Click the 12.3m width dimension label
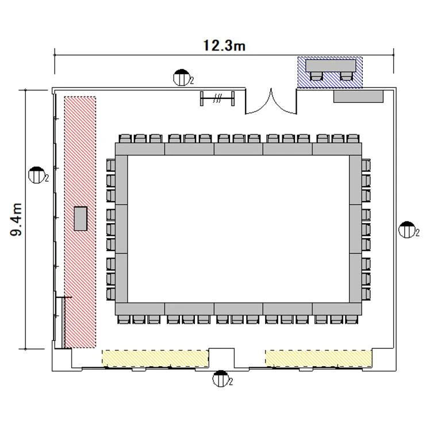[224, 45]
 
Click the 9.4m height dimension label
[16, 220]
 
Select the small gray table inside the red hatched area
[80, 218]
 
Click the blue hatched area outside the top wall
[330, 72]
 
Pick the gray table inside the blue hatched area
[331, 66]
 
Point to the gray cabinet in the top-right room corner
[358, 97]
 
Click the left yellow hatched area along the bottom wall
[155, 358]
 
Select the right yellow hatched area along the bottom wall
[318, 358]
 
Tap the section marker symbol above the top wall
[182, 78]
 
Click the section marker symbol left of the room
[37, 175]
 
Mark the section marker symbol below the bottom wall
[221, 378]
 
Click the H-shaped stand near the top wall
[217, 98]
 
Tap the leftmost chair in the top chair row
[125, 138]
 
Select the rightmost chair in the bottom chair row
[352, 319]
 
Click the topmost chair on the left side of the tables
[111, 166]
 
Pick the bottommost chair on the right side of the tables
[366, 294]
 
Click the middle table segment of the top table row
[239, 149]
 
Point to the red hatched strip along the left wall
[80, 222]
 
